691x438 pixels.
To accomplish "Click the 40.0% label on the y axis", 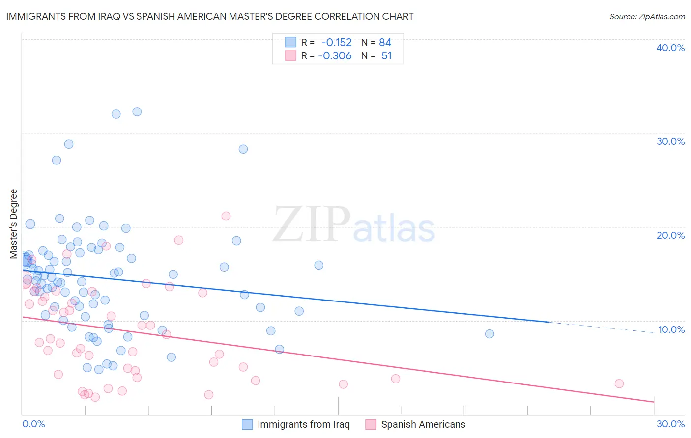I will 670,48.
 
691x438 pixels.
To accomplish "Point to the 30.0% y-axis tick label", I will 670,141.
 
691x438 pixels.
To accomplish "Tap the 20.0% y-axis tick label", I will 670,235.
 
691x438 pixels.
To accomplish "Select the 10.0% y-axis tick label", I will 671,329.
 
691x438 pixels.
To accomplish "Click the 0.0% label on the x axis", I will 33,424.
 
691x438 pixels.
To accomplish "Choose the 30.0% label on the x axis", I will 670,424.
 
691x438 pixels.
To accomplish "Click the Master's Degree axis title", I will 14,224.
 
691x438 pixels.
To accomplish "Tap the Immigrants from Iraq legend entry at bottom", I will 303,424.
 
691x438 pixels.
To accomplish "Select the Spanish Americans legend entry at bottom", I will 423,424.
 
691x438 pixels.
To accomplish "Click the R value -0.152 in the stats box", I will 337,43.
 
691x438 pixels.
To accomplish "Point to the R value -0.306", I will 335,56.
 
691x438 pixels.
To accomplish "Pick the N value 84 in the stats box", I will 385,43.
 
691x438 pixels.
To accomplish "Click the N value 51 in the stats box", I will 387,56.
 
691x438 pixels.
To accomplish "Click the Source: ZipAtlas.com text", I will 647,17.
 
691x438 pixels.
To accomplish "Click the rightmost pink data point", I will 619,383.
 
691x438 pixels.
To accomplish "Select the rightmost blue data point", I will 489,334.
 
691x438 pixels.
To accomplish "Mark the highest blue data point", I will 137,112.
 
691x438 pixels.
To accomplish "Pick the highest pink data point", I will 226,216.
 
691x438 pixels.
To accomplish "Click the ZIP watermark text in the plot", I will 312,225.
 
